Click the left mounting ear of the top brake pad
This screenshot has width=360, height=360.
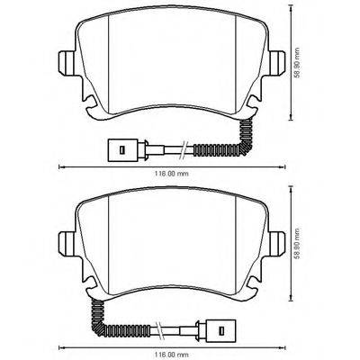66,63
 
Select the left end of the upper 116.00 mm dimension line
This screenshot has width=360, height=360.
60,168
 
